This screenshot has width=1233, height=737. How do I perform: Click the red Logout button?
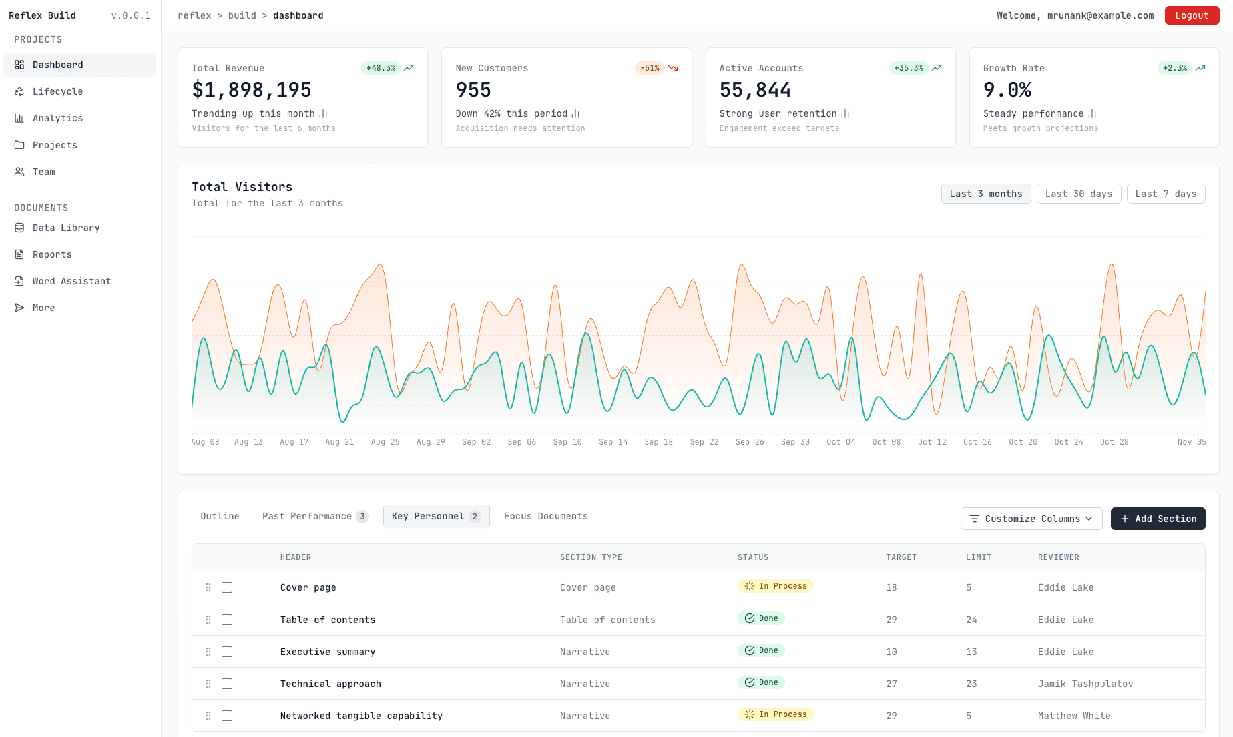pos(1192,15)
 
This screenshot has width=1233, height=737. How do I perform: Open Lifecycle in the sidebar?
pos(58,91)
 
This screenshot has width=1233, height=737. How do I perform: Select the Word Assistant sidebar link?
pos(71,281)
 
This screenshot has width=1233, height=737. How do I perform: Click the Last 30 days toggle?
pos(1078,194)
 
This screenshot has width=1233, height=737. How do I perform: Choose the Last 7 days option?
pos(1166,194)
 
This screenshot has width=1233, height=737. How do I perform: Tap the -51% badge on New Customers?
pos(650,68)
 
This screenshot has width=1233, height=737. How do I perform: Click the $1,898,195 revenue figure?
pos(252,90)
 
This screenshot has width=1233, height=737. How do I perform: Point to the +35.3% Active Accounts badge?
pos(908,68)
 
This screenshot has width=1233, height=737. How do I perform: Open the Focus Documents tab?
pos(545,516)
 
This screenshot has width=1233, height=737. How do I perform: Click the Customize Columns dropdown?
pos(1031,519)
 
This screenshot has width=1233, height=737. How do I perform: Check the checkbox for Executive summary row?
pos(227,652)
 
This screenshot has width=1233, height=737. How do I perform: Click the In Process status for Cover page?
pos(775,586)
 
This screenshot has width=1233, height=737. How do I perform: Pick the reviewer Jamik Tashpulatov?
pos(1085,684)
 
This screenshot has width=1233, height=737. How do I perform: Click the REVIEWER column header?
pos(1058,557)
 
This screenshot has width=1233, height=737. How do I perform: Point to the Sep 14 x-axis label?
pos(613,442)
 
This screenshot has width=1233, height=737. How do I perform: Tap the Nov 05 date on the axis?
pos(1191,442)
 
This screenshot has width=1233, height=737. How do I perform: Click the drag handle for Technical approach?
pos(208,684)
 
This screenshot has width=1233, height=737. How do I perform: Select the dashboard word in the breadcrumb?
pos(298,15)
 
